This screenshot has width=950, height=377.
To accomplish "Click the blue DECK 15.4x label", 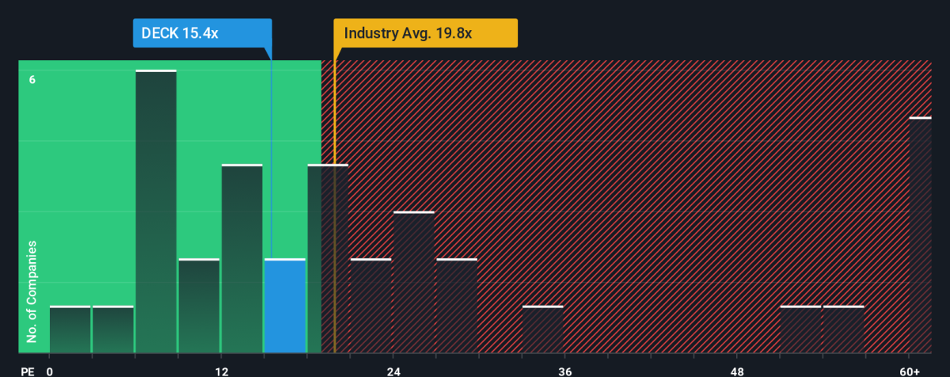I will point(202,33).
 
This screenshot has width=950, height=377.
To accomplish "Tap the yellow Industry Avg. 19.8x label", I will point(425,33).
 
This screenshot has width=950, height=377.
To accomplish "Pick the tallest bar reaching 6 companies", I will point(156,211).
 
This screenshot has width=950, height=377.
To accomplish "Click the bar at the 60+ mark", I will point(920,235).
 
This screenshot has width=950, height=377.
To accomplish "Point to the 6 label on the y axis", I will point(32,79).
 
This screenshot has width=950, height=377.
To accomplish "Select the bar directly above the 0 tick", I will point(70,329).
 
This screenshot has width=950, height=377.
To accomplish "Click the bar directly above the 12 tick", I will point(241,259).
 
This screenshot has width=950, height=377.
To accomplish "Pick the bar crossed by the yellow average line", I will point(328,259).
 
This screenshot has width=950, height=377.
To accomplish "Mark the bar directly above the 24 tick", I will point(414,282).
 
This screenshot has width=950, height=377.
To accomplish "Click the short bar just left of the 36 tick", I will point(542,329).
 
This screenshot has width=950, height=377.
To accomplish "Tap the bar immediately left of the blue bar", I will point(241,259).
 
